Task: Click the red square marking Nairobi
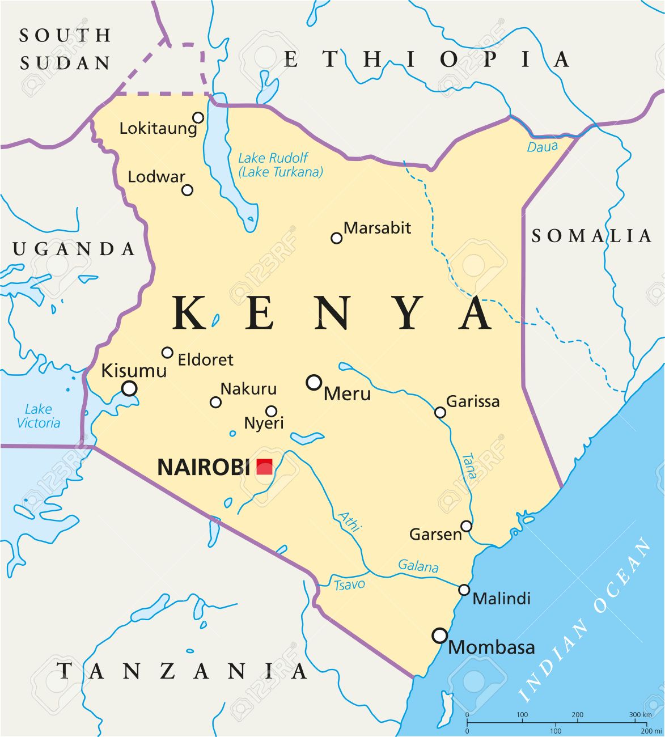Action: (x=264, y=467)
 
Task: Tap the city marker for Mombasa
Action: (x=440, y=636)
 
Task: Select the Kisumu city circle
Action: (x=130, y=388)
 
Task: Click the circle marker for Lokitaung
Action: (x=198, y=117)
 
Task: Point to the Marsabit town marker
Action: (x=337, y=238)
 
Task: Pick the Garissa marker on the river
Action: (x=440, y=412)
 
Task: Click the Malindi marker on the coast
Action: (x=464, y=590)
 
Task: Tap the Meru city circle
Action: (x=314, y=383)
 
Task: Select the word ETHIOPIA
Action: (x=426, y=60)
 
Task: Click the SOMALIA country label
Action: (x=591, y=236)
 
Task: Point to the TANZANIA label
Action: (x=183, y=671)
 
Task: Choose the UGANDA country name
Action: (x=74, y=249)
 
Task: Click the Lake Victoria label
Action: (x=39, y=416)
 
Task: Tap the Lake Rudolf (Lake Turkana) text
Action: (x=280, y=165)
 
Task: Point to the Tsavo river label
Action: (x=349, y=584)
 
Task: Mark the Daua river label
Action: (x=543, y=147)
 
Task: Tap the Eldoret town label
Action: (x=205, y=359)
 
